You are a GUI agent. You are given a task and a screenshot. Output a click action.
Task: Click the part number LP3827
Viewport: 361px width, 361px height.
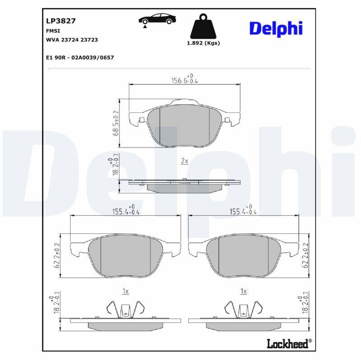click(x=61, y=21)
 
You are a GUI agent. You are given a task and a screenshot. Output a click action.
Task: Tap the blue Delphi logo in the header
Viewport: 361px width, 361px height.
click(x=276, y=29)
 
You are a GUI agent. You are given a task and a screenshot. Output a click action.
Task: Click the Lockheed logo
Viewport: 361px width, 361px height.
click(x=289, y=344)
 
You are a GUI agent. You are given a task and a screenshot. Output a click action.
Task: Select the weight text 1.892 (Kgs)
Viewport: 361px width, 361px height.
click(x=204, y=43)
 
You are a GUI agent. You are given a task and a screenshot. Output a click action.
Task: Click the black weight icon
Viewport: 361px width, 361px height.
click(x=204, y=26)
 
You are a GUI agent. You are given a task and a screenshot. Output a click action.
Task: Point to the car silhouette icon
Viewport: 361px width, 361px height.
click(x=157, y=19)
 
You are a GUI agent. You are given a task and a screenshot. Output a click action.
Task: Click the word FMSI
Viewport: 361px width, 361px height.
click(x=53, y=31)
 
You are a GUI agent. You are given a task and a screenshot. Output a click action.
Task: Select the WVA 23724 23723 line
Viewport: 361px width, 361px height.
click(x=72, y=40)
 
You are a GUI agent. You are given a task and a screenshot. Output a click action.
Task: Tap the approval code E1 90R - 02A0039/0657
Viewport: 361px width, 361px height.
click(x=80, y=58)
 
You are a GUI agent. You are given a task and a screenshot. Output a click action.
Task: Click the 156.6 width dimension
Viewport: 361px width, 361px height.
click(x=185, y=79)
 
